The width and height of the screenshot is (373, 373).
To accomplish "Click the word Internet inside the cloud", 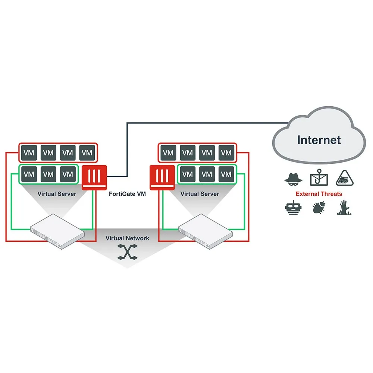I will click(319, 140).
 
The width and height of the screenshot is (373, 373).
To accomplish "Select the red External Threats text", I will click(319, 194).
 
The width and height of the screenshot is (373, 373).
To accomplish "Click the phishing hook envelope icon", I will click(319, 178).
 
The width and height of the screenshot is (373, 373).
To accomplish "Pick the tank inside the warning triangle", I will click(345, 178).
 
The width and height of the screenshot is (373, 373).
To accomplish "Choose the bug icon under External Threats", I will click(318, 208).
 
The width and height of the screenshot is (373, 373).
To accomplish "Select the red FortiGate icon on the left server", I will click(94, 177).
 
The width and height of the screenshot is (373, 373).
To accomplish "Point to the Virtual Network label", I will click(127, 238).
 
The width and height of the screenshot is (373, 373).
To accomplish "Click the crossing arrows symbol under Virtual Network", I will click(127, 252).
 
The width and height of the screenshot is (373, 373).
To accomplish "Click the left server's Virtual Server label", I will click(57, 194).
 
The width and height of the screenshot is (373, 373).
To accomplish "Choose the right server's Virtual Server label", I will click(200, 194).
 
